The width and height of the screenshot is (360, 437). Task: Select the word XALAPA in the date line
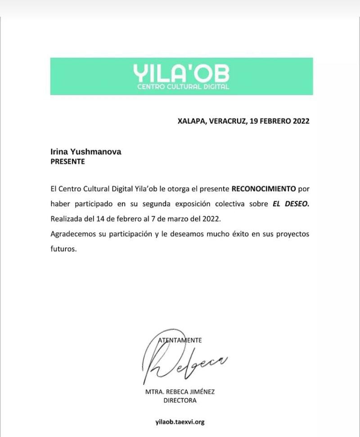coord(191,122)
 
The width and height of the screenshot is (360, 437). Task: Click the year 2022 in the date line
coord(300,122)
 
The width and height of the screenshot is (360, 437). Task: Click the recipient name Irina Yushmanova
coord(85,153)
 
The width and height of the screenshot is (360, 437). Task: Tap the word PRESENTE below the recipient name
coord(67,162)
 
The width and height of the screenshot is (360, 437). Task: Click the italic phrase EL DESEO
coord(291,203)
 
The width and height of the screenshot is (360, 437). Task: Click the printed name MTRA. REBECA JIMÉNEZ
coord(180,392)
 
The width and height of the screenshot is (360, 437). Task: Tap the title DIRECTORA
coord(180,400)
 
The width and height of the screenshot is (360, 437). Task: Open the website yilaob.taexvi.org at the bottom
coord(180,422)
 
